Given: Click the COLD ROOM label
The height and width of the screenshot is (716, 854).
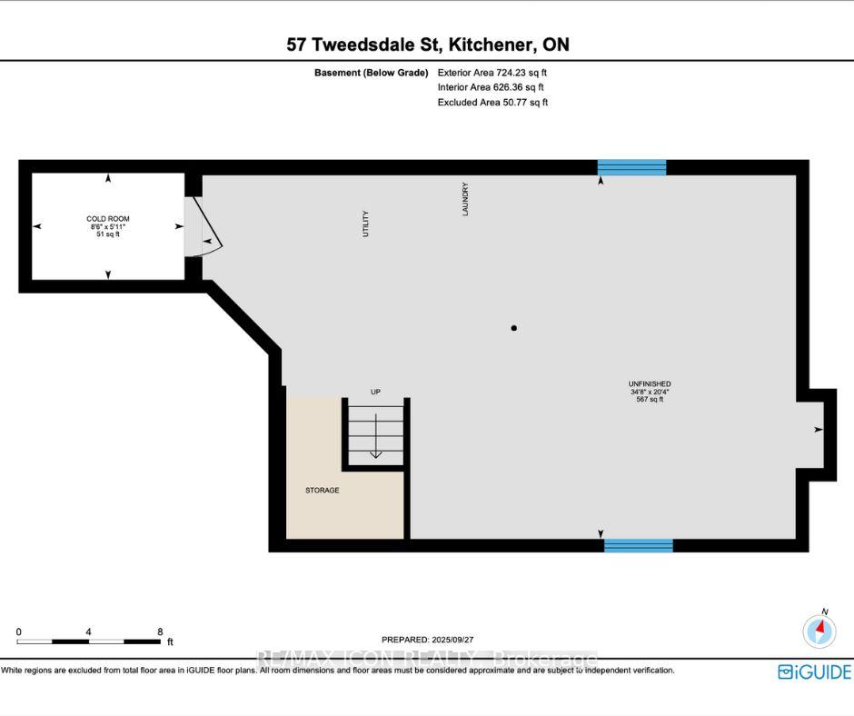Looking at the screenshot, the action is (x=108, y=218).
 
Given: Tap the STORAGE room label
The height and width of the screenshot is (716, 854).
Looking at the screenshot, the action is (x=322, y=491).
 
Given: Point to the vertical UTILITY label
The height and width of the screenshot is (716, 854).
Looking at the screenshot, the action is (x=365, y=224).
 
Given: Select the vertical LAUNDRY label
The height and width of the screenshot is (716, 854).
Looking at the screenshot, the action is (x=465, y=199).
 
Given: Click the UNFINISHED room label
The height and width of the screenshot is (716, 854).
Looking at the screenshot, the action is (x=650, y=383).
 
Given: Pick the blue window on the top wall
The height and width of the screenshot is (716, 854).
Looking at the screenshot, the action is (x=631, y=167).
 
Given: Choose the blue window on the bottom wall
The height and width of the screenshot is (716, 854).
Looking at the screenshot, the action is (x=639, y=545).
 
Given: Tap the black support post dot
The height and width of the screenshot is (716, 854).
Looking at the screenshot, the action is (x=513, y=328).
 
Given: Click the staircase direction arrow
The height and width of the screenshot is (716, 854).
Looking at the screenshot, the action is (x=376, y=436).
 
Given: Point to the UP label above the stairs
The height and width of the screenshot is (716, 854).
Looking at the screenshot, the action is (x=375, y=392).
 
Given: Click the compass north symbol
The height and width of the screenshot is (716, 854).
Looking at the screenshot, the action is (x=819, y=630).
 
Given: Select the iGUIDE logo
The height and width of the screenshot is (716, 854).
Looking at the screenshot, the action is (x=814, y=671).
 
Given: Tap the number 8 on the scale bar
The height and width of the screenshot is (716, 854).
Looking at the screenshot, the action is (x=160, y=632).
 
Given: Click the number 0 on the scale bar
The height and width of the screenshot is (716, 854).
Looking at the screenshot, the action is (x=19, y=632).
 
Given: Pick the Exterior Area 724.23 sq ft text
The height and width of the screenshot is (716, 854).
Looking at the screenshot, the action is (x=492, y=73).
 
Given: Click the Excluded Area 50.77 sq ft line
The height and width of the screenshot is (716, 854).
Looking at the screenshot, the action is (x=493, y=102).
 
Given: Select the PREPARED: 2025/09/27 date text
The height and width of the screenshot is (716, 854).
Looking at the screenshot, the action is (x=428, y=640).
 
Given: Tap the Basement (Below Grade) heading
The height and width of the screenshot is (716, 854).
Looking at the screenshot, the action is (x=371, y=73).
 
